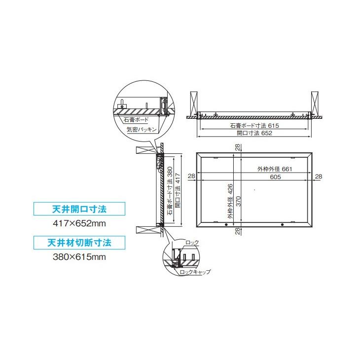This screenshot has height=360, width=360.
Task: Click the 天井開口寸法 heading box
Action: coord(78,209)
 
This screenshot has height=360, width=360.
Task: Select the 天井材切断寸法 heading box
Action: coord(78,243)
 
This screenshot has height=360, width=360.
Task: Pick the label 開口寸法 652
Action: coord(254,133)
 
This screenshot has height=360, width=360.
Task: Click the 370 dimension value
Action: coord(239,201)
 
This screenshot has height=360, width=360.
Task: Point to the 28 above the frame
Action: coord(238,147)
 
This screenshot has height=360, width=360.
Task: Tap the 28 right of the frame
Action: coord(318,176)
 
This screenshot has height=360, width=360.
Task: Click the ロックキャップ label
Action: coord(195,272)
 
